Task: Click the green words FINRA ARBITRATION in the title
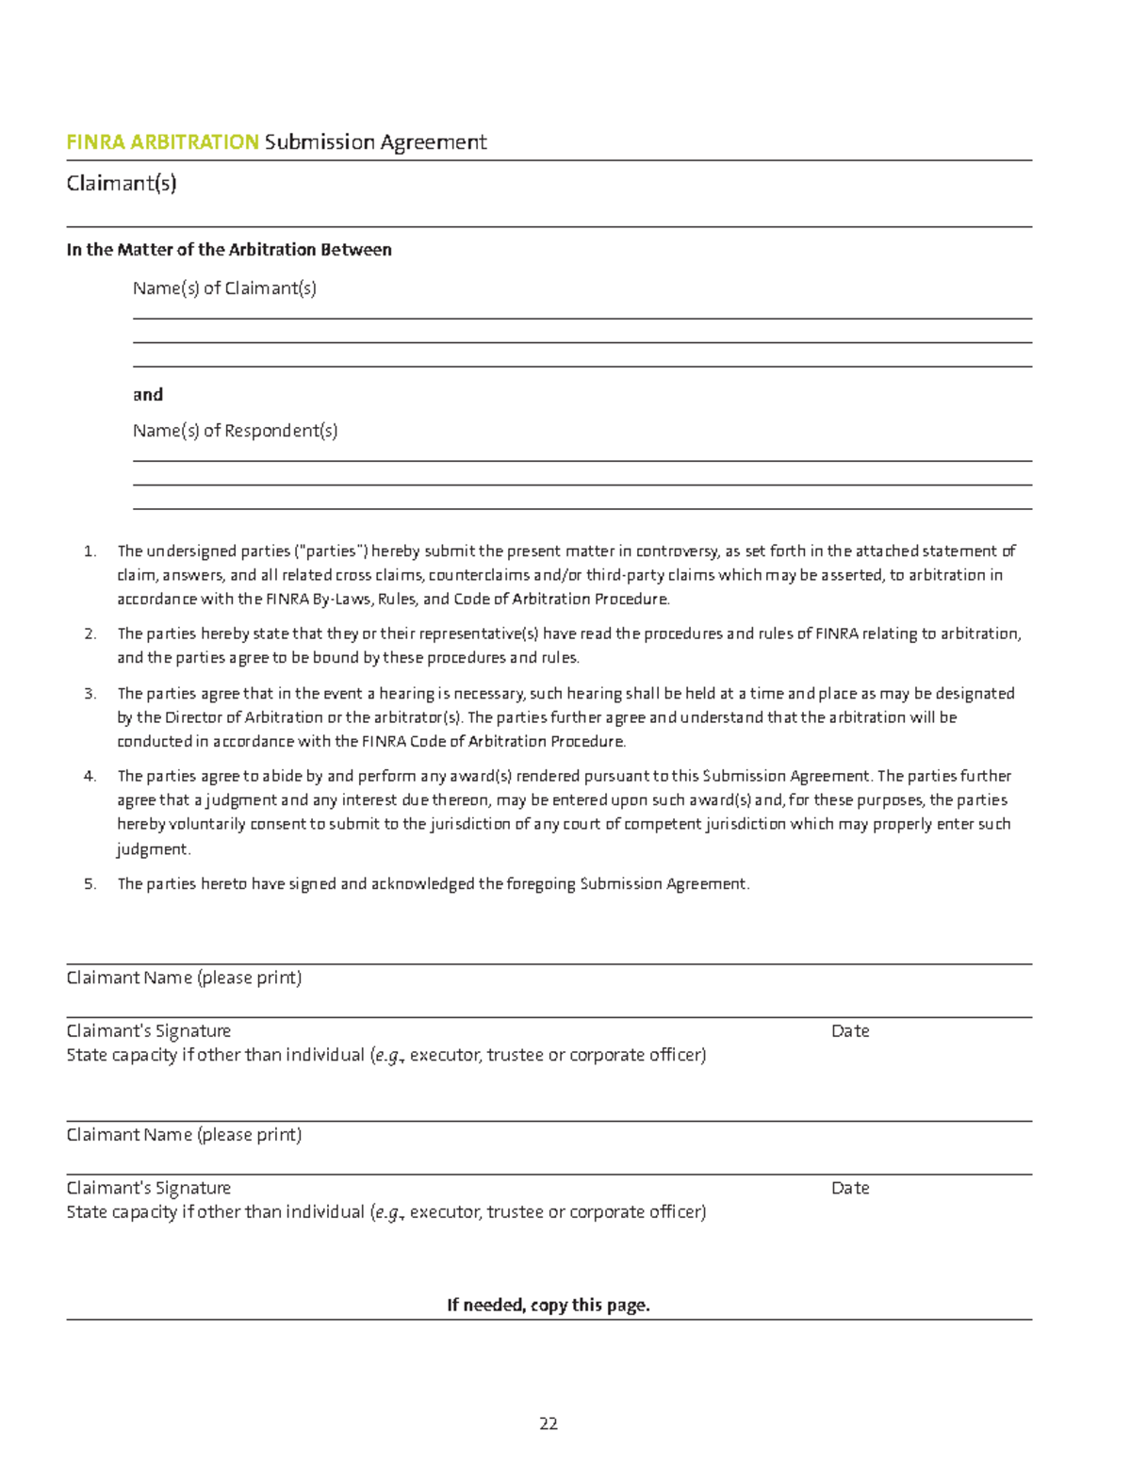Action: [x=162, y=142]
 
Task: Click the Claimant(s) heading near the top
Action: [x=122, y=183]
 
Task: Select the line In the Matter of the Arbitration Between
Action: [x=229, y=250]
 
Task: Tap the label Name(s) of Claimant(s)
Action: [x=224, y=288]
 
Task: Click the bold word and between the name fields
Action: [x=148, y=394]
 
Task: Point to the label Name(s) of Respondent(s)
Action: [x=235, y=431]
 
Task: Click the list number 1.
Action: [x=90, y=551]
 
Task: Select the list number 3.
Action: [x=90, y=694]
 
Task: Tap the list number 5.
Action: [x=90, y=884]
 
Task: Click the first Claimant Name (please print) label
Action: [x=184, y=978]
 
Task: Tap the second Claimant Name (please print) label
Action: [x=184, y=1135]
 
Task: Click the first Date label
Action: [x=850, y=1031]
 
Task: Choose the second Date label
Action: [x=850, y=1189]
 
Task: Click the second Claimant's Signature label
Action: [x=149, y=1189]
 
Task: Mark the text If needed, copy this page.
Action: [x=549, y=1306]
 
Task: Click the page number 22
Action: [x=549, y=1423]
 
